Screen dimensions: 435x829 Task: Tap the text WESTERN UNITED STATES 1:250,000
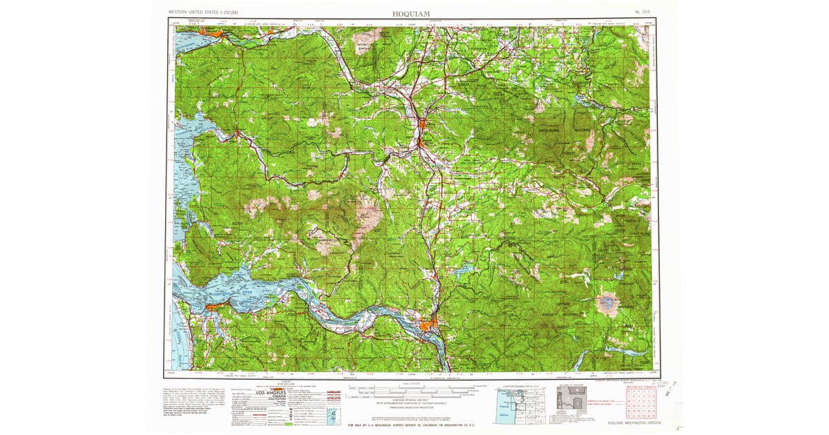pyautogui.click(x=204, y=12)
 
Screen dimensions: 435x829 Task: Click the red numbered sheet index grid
pyautogui.click(x=639, y=404)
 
